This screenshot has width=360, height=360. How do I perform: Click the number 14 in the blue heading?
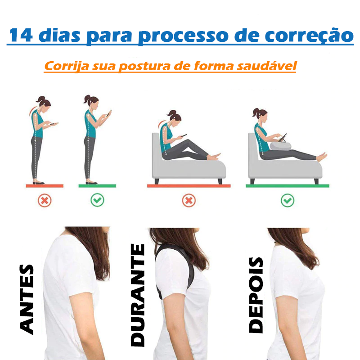(21, 36)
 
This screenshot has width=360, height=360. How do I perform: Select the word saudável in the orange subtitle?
(267, 66)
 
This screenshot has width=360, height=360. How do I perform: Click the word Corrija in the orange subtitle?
(66, 66)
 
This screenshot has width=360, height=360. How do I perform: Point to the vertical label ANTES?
(27, 300)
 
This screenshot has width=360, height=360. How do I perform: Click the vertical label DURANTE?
(138, 295)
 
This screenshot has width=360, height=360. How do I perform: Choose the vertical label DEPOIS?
(256, 295)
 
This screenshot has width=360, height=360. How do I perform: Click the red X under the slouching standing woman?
(45, 200)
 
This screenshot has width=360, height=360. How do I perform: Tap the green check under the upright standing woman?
(97, 200)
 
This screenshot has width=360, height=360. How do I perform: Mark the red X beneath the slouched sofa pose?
(189, 200)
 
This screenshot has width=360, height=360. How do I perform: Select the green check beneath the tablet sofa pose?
(288, 200)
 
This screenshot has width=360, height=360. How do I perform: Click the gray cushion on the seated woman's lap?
(280, 146)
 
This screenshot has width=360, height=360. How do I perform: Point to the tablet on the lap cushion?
(283, 138)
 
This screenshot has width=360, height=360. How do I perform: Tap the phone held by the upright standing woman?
(109, 113)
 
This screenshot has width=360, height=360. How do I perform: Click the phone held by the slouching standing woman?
(54, 123)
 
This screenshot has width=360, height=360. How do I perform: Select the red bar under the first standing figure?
(45, 186)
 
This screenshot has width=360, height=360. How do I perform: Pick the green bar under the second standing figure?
(97, 186)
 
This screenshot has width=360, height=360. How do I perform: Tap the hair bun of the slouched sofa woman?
(172, 113)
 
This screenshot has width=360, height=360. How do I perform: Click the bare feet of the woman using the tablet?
(322, 157)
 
